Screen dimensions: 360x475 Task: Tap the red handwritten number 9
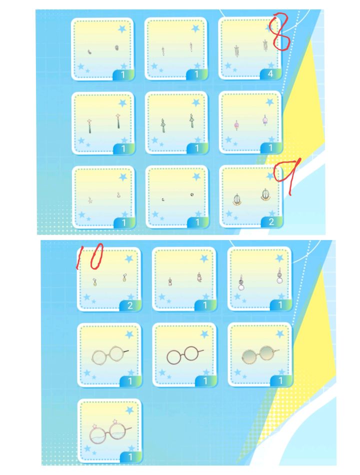tap(288, 175)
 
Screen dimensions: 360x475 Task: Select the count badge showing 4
tap(270, 73)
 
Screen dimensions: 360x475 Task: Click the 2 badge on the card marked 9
tap(271, 221)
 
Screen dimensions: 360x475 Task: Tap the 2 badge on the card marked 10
tap(130, 305)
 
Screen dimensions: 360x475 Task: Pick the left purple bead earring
tap(236, 125)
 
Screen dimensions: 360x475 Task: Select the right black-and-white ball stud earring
tap(192, 195)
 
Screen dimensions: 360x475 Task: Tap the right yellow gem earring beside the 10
tap(124, 277)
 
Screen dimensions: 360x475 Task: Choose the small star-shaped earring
tap(90, 200)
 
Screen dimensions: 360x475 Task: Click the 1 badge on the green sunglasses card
tap(280, 380)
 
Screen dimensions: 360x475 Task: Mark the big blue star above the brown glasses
tap(204, 334)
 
